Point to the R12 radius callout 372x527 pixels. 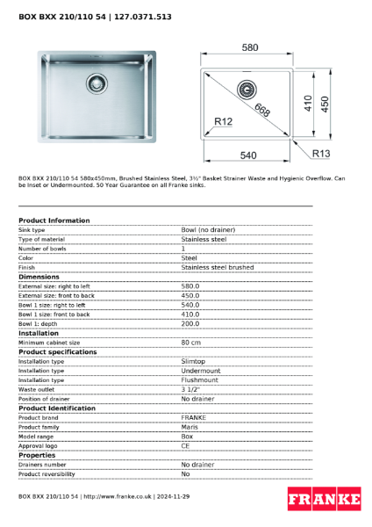click(221, 122)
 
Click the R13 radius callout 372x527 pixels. click(322, 153)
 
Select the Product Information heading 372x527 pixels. click(54, 220)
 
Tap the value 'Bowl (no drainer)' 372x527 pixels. click(208, 230)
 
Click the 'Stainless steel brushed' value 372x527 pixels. click(217, 267)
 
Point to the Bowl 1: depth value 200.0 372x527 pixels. click(190, 323)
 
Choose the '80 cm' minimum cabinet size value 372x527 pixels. click(191, 343)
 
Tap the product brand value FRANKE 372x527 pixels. click(193, 417)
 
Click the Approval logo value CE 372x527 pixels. click(185, 445)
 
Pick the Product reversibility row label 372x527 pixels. click(46, 473)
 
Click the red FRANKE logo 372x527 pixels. click(324, 499)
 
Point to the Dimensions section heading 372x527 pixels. click(39, 277)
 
